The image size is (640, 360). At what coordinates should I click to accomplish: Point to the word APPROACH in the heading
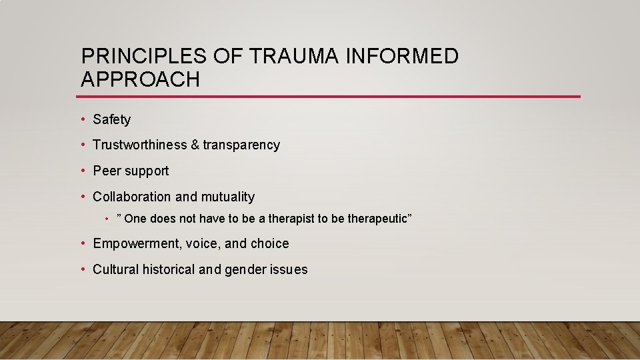(x=140, y=80)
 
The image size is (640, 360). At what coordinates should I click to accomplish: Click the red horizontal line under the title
(x=330, y=97)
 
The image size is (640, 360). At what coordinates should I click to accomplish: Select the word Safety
(x=112, y=120)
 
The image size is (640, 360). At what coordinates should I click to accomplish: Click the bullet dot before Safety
(x=83, y=120)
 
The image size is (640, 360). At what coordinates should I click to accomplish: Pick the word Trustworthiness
(x=140, y=145)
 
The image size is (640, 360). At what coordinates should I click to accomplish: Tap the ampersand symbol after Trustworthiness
(x=195, y=145)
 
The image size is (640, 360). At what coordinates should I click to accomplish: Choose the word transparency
(x=241, y=145)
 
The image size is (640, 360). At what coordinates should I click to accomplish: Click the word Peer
(x=107, y=171)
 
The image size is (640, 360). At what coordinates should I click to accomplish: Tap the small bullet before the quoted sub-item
(x=108, y=219)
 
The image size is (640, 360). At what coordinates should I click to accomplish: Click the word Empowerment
(x=137, y=244)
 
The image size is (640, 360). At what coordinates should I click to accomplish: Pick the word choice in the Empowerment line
(x=270, y=244)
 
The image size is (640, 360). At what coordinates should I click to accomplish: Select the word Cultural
(x=116, y=270)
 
